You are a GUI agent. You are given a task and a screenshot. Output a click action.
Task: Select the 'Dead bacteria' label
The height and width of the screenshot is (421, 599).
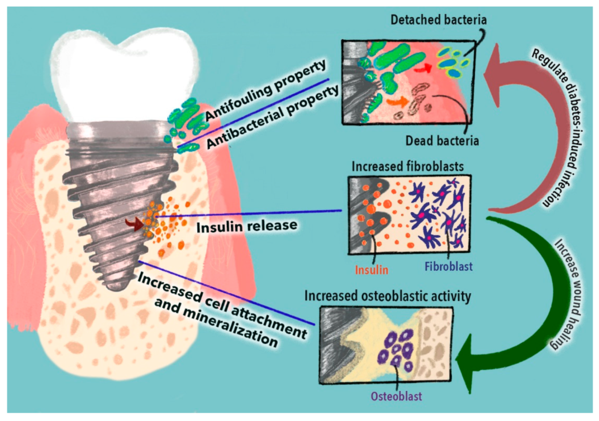click(x=448, y=140)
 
